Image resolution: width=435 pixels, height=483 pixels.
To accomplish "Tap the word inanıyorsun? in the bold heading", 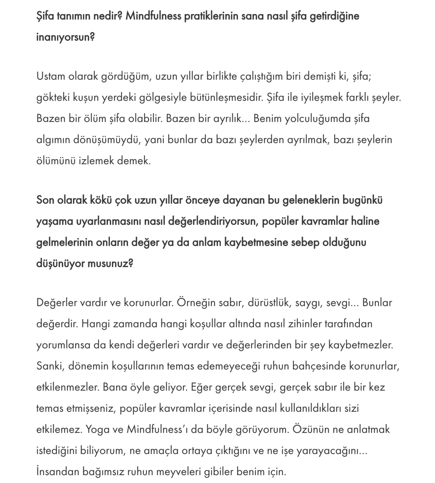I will tap(66, 37).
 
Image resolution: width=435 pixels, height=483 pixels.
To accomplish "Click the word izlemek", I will tap(96, 161).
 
